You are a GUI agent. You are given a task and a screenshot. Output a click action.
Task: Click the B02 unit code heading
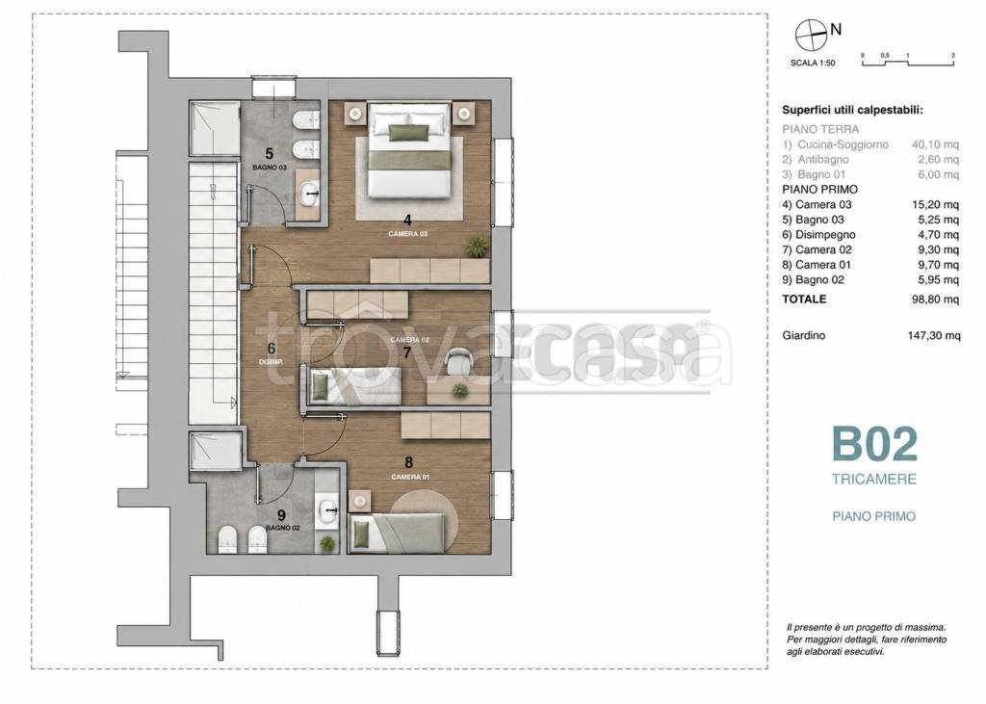(874, 444)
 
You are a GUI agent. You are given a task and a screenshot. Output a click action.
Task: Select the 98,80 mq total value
(935, 300)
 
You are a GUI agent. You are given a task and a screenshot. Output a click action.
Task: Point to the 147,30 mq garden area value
(934, 336)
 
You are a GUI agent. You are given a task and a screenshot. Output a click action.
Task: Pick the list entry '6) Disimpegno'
(818, 235)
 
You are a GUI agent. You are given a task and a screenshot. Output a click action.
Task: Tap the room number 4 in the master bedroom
(407, 221)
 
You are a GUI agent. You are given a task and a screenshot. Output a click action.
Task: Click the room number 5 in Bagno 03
(270, 153)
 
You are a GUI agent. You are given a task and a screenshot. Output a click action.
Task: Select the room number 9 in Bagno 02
(281, 516)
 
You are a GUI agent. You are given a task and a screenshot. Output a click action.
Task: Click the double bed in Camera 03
(409, 149)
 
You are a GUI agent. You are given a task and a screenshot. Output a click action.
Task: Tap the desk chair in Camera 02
(458, 362)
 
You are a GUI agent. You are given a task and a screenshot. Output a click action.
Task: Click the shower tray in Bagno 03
(215, 128)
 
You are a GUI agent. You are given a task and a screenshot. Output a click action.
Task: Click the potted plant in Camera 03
(477, 246)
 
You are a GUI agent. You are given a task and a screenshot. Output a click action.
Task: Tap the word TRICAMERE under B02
(874, 480)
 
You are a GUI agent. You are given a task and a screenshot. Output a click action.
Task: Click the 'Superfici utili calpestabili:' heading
(852, 110)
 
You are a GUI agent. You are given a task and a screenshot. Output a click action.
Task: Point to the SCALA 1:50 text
(813, 63)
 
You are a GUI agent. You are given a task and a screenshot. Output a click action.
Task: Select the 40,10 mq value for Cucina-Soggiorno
(935, 144)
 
